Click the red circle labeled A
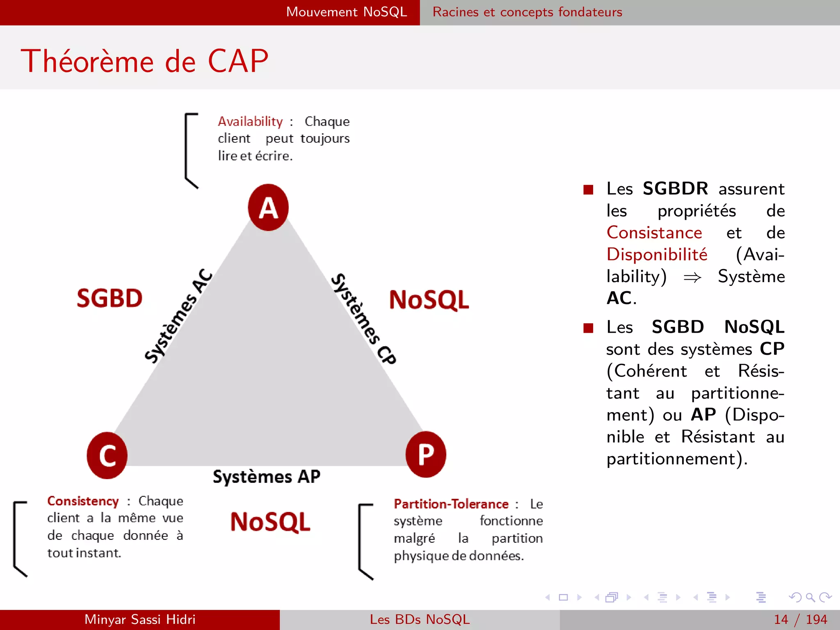point(268,208)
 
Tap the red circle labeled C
point(107,455)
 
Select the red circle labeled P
point(426,454)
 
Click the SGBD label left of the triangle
point(110,298)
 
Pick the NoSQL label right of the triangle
point(429,300)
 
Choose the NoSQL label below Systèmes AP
point(270,522)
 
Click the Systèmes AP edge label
point(267,477)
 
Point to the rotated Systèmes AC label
point(178,316)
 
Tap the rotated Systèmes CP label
point(363,319)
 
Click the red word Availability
point(250,121)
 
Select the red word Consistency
point(83,501)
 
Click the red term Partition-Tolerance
point(451,504)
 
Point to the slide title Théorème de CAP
point(145,61)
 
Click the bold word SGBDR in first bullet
point(675,189)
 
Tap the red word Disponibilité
point(657,254)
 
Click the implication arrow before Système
point(692,278)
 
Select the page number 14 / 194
point(800,619)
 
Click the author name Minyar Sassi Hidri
point(140,619)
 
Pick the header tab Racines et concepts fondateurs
point(527,12)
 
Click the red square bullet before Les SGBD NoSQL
point(588,328)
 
